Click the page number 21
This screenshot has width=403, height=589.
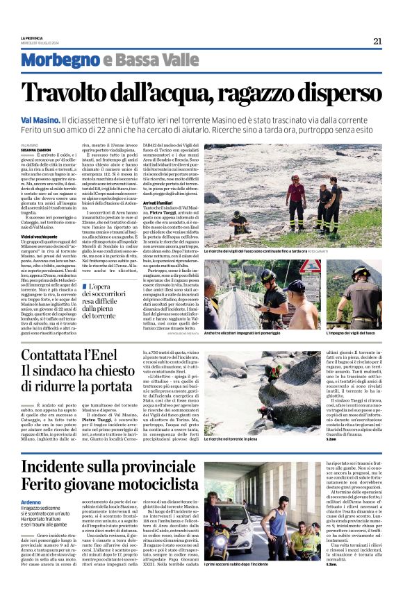(377, 41)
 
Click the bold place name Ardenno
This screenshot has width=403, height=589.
(32, 502)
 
